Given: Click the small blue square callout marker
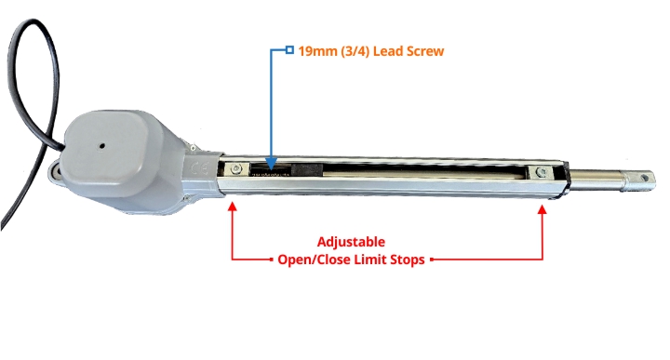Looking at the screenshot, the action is [289, 50].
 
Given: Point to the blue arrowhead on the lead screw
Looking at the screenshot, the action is [271, 164].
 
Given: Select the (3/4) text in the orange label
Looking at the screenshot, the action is [355, 51].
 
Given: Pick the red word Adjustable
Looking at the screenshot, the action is [351, 242].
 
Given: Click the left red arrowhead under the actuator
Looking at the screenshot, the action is [232, 207].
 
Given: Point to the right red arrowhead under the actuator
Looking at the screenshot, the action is [543, 209].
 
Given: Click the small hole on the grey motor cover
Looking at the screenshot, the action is [102, 146].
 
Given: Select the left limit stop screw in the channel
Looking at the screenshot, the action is [236, 169].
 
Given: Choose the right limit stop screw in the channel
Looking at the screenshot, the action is [542, 172].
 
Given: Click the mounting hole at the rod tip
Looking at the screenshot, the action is [644, 178].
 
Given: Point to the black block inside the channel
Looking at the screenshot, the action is [306, 169].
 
